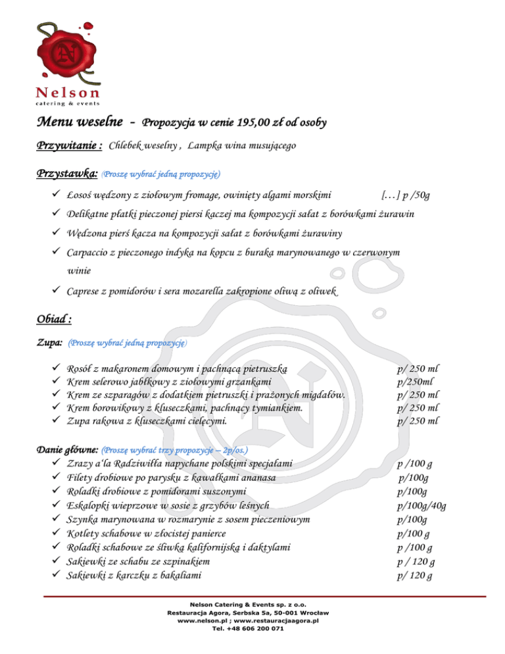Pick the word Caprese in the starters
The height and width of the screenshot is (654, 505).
coord(88,291)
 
